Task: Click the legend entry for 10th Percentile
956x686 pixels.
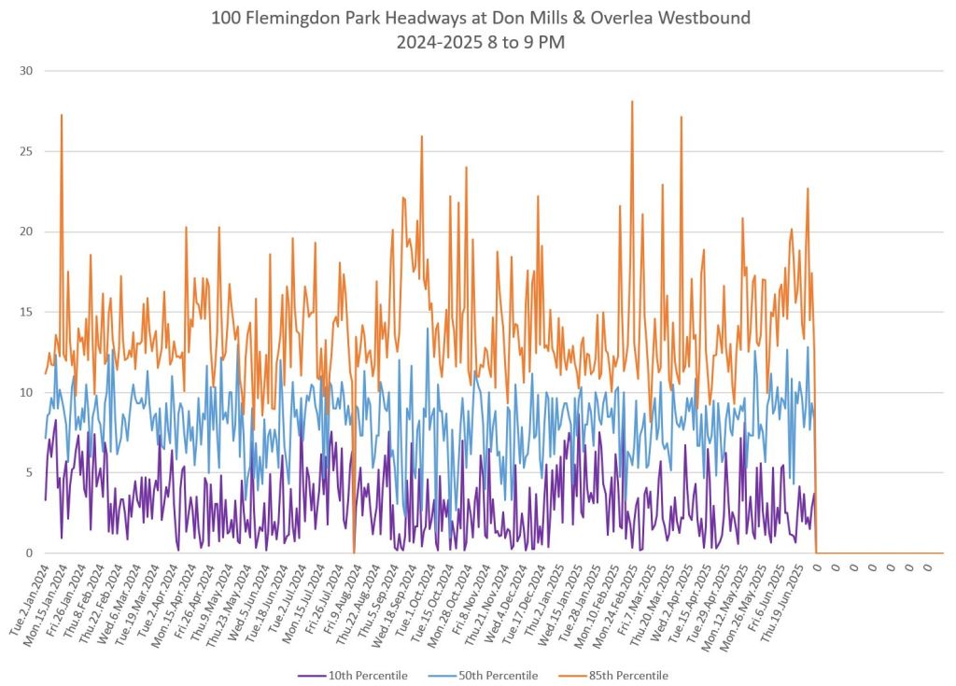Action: [367, 675]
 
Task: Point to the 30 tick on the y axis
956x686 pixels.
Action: [26, 71]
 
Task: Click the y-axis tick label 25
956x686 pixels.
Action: [26, 151]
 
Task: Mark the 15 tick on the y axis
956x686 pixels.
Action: [26, 312]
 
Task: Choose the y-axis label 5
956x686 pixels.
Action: [30, 472]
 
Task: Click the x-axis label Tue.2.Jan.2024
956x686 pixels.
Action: [30, 602]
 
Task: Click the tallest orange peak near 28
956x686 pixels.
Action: [632, 102]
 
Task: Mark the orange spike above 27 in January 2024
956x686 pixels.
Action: [62, 116]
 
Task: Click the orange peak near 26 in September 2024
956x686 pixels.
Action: [422, 137]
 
